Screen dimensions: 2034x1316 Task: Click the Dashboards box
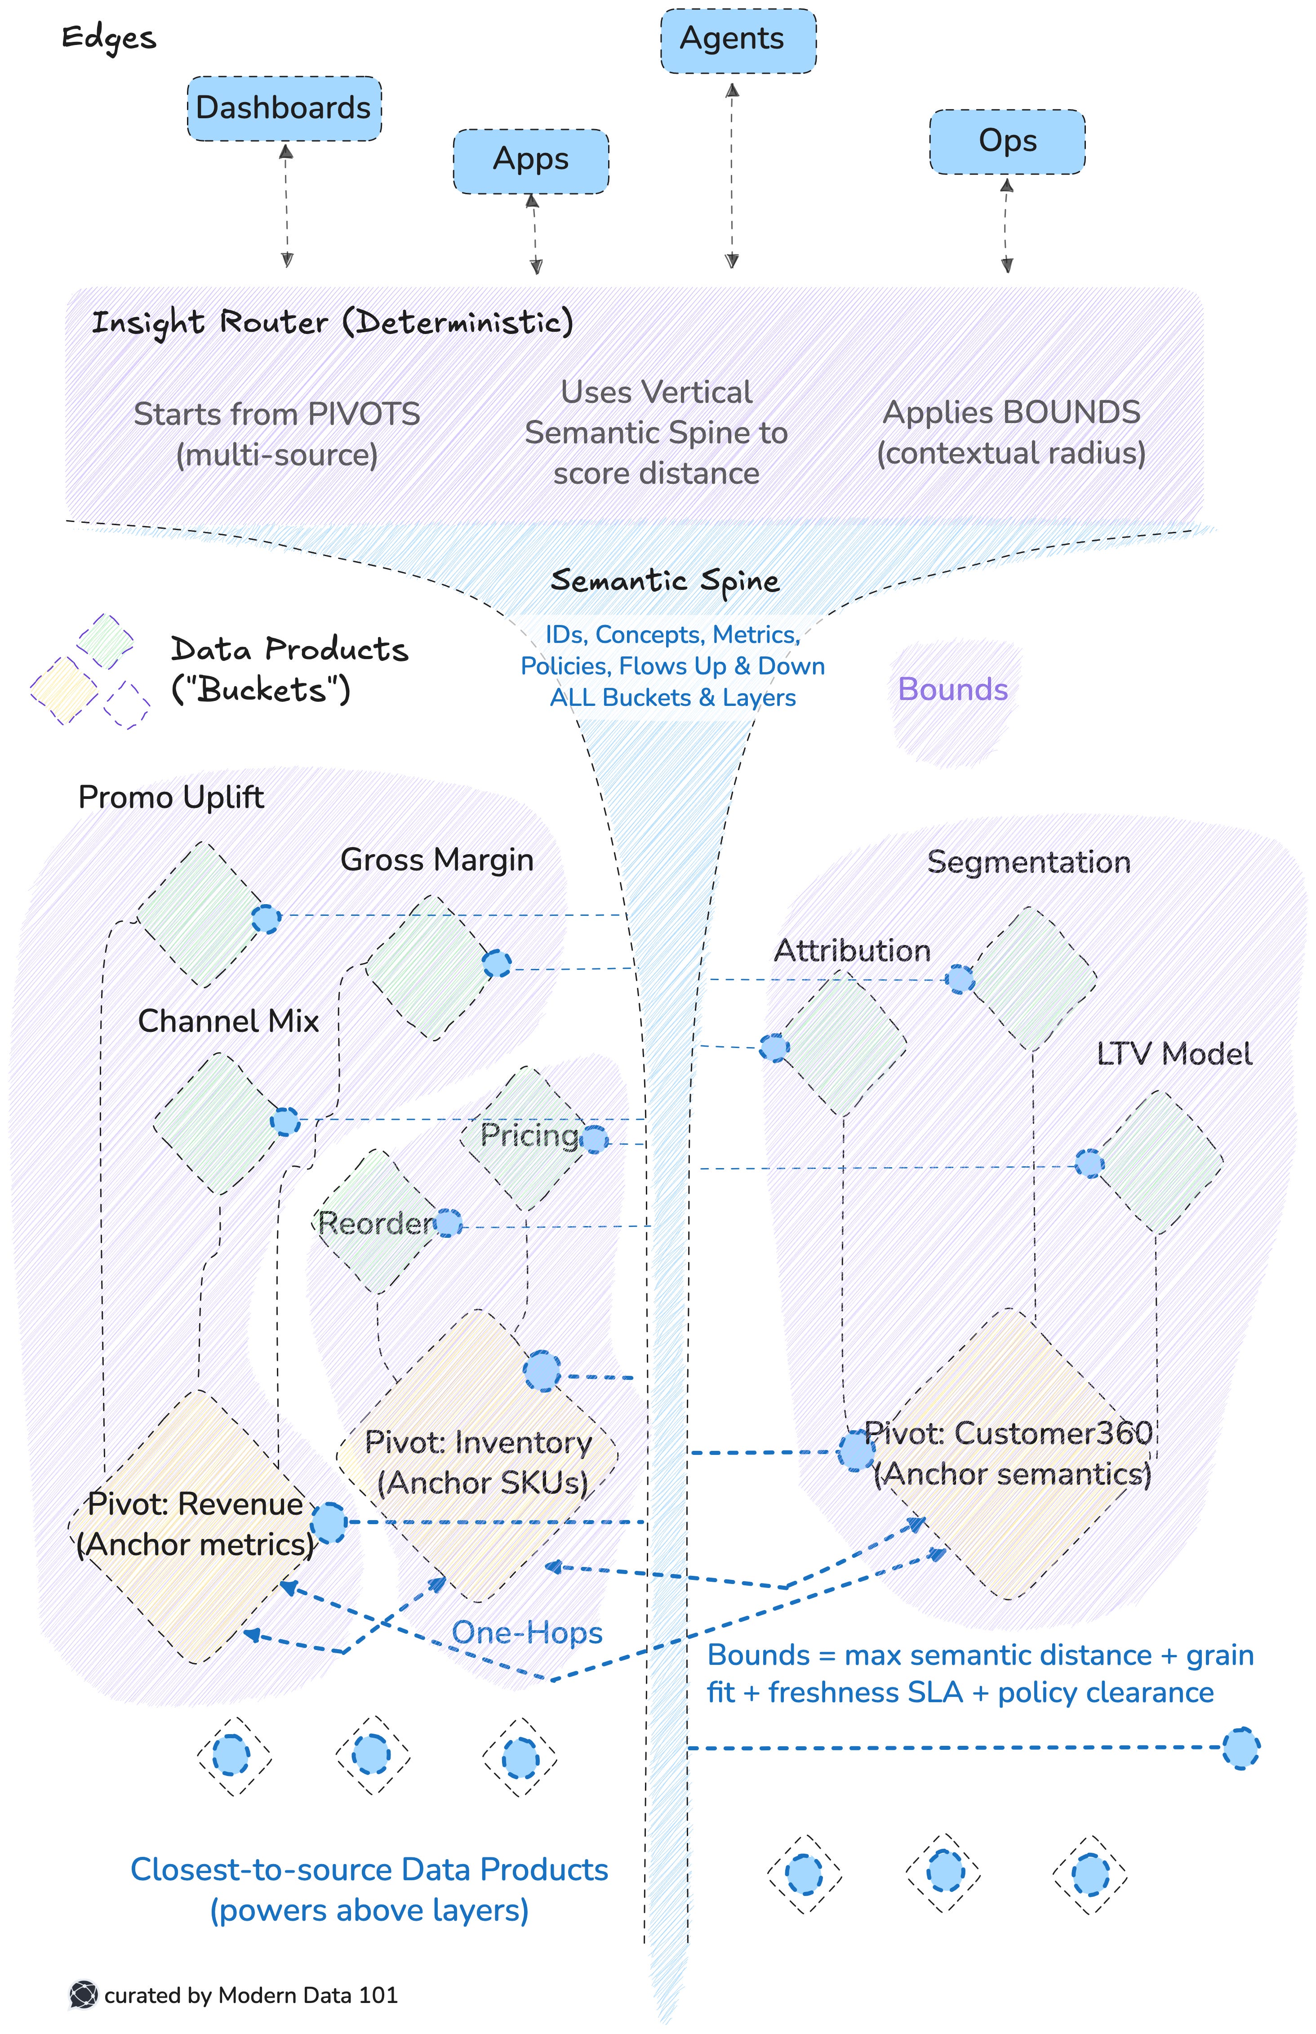tap(284, 108)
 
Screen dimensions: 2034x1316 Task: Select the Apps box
tap(531, 161)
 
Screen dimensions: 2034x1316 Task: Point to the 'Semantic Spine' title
tap(665, 581)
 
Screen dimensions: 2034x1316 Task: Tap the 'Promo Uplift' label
tap(171, 797)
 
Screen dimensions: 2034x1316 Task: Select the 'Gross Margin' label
tap(437, 860)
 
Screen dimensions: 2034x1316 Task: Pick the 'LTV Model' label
tap(1174, 1054)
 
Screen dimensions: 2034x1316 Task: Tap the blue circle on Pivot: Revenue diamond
tap(328, 1523)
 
